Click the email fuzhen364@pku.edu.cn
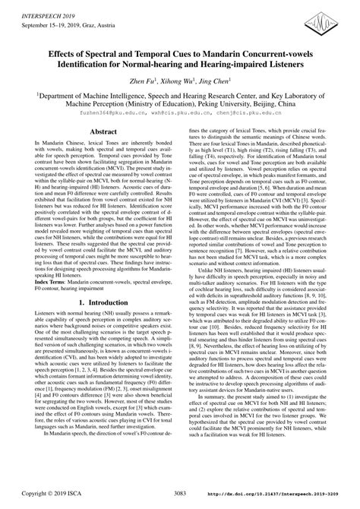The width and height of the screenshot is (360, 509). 102,110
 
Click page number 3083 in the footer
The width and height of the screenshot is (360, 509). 178,494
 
